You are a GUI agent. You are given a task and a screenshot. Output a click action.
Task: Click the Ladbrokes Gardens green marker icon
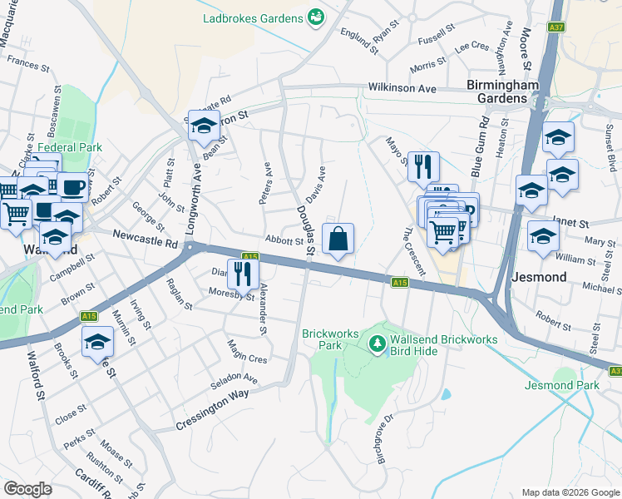pyautogui.click(x=316, y=17)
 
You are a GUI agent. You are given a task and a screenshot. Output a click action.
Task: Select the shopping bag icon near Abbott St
pyautogui.click(x=338, y=240)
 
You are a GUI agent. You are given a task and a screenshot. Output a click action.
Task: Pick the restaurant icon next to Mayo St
pyautogui.click(x=425, y=167)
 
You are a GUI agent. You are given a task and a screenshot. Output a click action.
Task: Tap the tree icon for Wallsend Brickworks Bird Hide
pyautogui.click(x=377, y=343)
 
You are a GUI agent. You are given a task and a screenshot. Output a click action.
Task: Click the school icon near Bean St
pyautogui.click(x=202, y=126)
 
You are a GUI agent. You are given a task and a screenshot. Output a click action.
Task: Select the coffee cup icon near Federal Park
pyautogui.click(x=73, y=187)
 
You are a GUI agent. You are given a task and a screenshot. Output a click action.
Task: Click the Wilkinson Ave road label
pyautogui.click(x=402, y=88)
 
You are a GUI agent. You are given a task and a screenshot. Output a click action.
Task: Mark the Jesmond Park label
pyautogui.click(x=562, y=385)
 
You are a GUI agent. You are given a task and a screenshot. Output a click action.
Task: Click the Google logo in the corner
pyautogui.click(x=27, y=489)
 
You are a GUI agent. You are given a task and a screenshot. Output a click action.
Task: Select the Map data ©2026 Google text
pyautogui.click(x=569, y=492)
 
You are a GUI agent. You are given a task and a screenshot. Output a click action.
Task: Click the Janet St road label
pyautogui.click(x=570, y=224)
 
